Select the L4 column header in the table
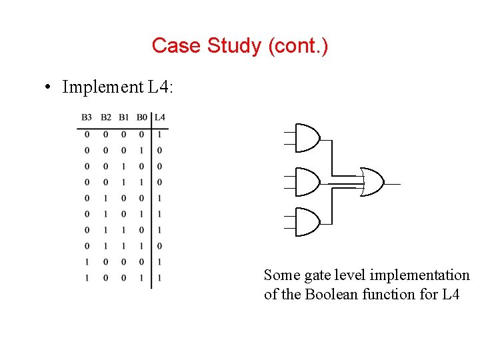[159, 118]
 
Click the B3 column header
[87, 118]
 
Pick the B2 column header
[106, 118]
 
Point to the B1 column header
[124, 118]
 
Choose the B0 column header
[141, 118]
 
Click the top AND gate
[306, 138]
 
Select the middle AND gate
[306, 181]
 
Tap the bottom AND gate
[306, 222]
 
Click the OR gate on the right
[371, 181]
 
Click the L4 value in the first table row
[159, 134]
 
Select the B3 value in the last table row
[87, 277]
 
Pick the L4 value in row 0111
[159, 246]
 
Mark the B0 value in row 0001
[141, 150]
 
